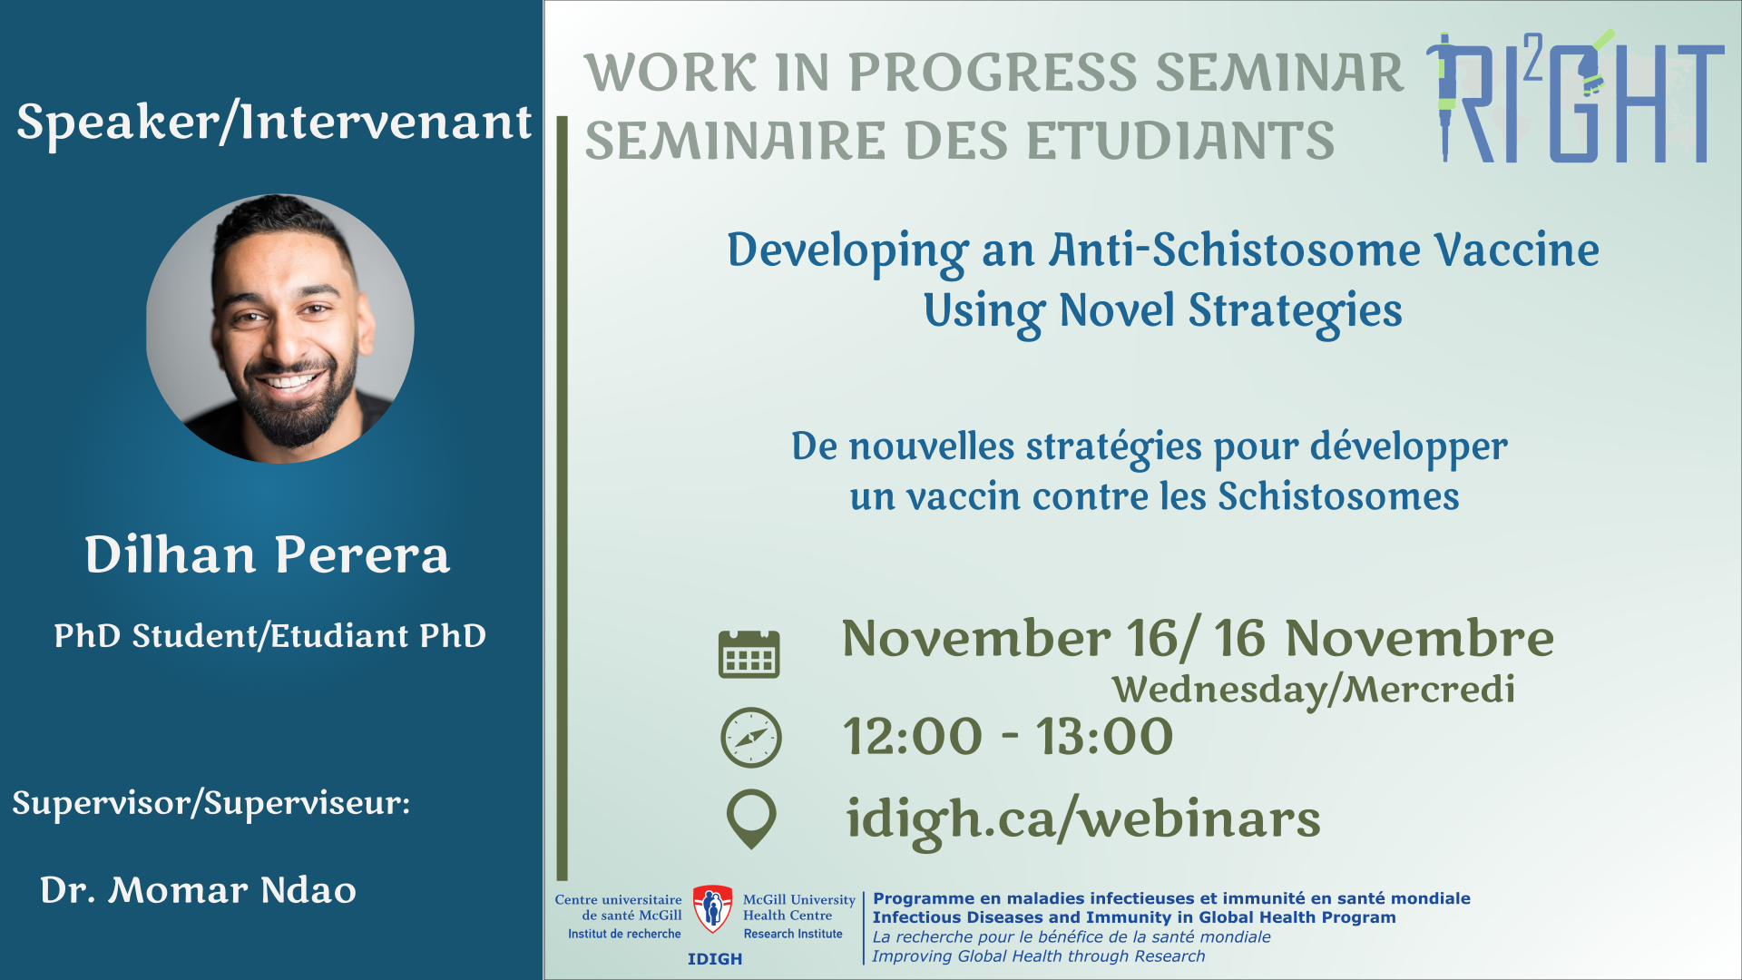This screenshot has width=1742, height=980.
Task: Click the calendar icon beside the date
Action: tap(749, 653)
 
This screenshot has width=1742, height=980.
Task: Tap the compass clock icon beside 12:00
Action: tap(751, 738)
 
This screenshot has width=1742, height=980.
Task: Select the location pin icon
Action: tap(751, 818)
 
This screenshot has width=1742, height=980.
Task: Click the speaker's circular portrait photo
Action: tap(280, 328)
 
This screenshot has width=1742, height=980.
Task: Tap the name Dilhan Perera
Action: tap(268, 554)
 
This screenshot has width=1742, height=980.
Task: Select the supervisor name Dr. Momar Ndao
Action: tap(198, 890)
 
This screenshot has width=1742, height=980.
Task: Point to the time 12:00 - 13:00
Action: tap(1008, 736)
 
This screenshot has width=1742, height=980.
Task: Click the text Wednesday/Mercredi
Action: tap(1314, 690)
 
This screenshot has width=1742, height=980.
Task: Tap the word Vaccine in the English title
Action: tap(1516, 250)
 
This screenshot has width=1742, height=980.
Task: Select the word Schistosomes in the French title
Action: tap(1338, 496)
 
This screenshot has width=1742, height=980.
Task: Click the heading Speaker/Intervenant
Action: tap(274, 122)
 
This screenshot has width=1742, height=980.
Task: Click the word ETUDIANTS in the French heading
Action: tap(1180, 142)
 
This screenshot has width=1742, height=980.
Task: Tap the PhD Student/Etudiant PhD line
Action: tap(269, 636)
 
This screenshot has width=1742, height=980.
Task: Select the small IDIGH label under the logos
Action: tap(715, 959)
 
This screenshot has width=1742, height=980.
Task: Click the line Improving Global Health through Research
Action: tap(1039, 956)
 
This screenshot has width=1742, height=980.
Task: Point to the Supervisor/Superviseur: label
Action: tap(211, 804)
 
